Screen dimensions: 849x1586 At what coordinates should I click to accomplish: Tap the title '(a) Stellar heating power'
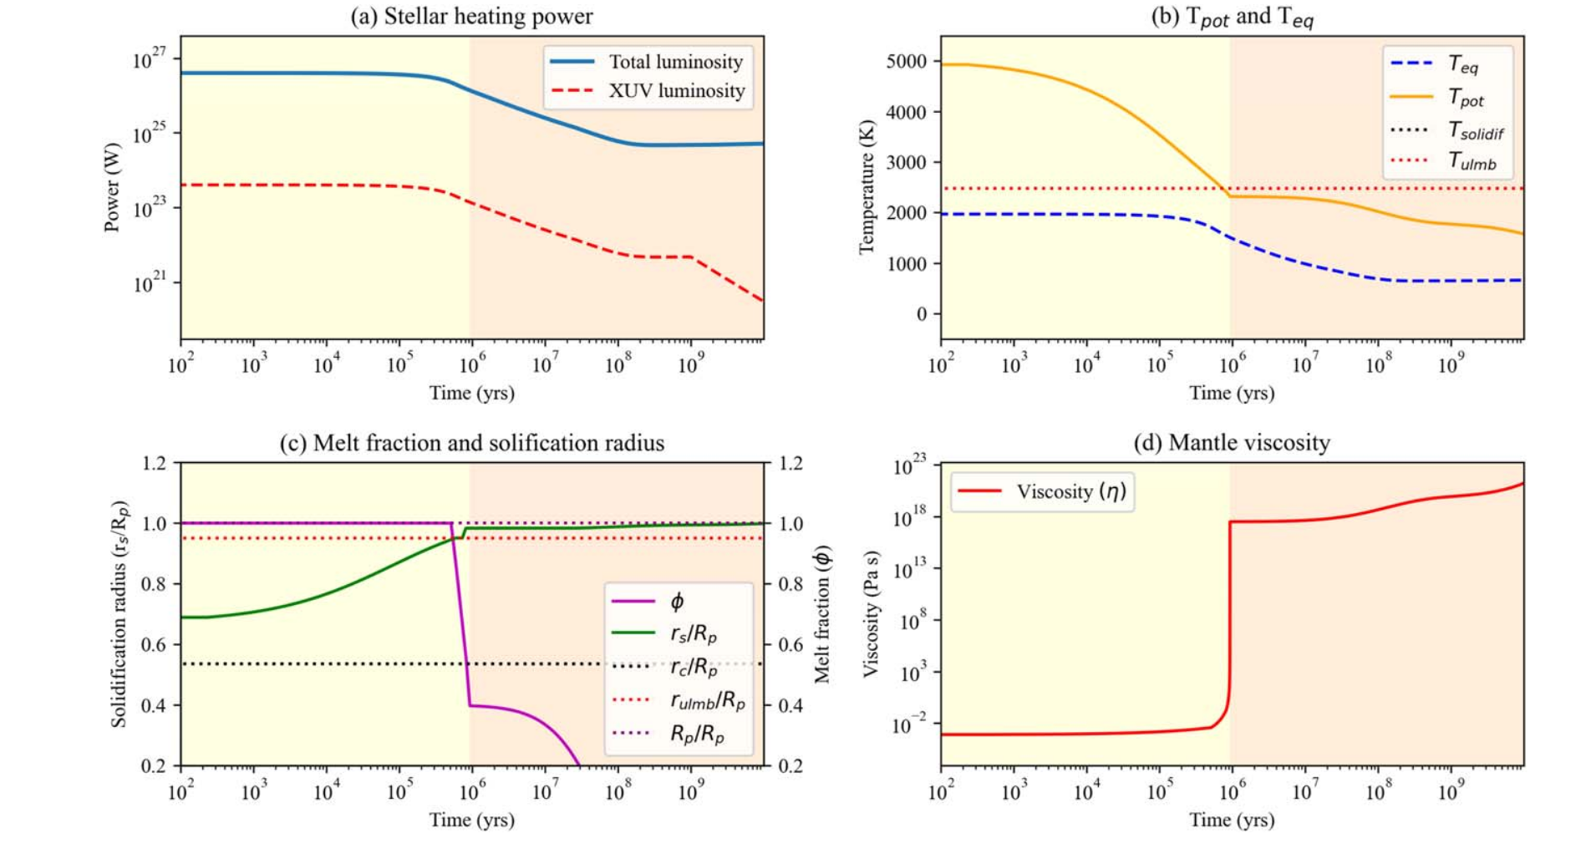coord(471,17)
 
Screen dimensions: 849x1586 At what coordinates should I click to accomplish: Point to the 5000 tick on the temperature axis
coord(907,62)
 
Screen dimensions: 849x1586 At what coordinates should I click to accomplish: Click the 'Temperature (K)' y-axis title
coord(867,187)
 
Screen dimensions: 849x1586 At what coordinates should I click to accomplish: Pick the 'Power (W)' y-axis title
coord(112,187)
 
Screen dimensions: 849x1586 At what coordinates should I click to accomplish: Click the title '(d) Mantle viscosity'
coord(1232,443)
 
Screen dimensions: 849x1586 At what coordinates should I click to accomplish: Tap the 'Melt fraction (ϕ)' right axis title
coord(822,614)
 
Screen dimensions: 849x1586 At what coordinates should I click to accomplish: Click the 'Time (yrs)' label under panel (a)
coord(471,393)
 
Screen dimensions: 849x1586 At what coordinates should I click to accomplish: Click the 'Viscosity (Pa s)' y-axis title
coord(872,614)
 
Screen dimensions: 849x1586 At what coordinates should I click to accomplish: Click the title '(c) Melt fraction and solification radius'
coord(471,443)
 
